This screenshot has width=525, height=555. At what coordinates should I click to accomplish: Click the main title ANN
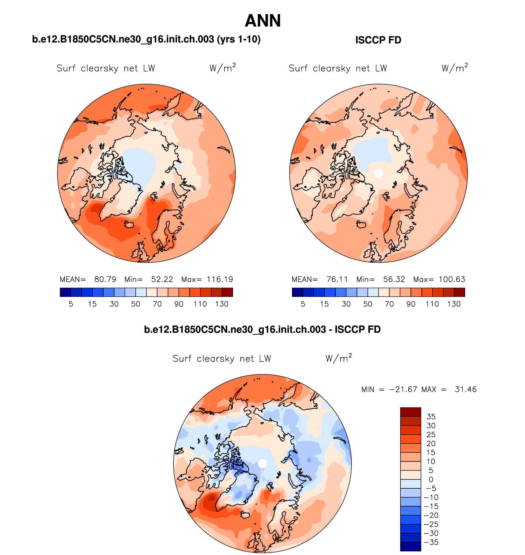[x=263, y=21]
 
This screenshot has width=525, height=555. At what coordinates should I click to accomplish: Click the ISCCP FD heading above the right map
[x=378, y=40]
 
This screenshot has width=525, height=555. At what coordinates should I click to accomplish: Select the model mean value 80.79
[x=105, y=279]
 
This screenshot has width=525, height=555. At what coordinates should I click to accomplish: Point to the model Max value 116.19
[x=220, y=279]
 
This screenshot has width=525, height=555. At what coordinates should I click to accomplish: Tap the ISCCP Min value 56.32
[x=394, y=279]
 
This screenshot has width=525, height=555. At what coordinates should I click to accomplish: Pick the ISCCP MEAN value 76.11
[x=337, y=279]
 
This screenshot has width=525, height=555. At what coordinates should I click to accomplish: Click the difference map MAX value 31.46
[x=465, y=389]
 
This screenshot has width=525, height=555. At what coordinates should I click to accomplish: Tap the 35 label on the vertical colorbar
[x=431, y=417]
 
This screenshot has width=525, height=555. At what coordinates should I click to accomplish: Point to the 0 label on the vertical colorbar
[x=431, y=479]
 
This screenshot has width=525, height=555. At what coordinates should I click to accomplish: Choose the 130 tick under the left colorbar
[x=222, y=304]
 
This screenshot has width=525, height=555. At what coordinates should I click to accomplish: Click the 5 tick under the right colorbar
[x=303, y=304]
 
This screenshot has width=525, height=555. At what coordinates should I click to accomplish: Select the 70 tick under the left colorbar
[x=157, y=304]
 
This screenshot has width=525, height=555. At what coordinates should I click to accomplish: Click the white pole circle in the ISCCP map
[x=379, y=173]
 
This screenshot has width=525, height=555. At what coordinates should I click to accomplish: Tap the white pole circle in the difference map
[x=262, y=463]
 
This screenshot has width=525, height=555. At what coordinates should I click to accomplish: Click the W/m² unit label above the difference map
[x=338, y=358]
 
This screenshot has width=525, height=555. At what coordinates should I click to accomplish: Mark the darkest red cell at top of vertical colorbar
[x=410, y=412]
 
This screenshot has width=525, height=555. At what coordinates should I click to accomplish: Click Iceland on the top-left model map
[x=130, y=225]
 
